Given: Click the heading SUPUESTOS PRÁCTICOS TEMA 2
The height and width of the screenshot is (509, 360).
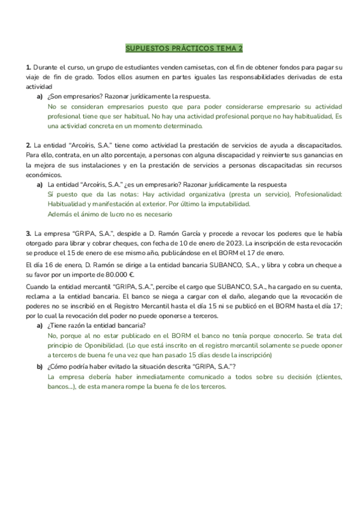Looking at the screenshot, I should coord(180,48).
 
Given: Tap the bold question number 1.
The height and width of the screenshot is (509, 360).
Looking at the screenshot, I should coord(28,67).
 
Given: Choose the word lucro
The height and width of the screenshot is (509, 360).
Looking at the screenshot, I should coord(109,214).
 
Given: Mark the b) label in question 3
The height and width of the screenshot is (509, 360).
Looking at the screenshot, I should coord(40,367).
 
